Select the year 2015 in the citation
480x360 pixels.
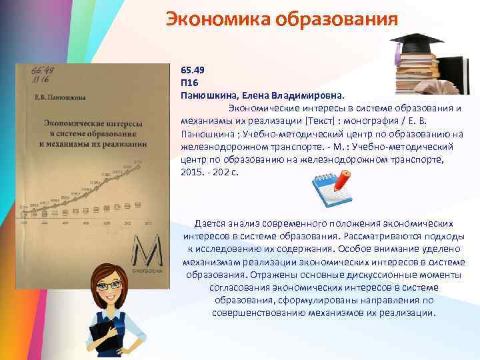tap(193, 172)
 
